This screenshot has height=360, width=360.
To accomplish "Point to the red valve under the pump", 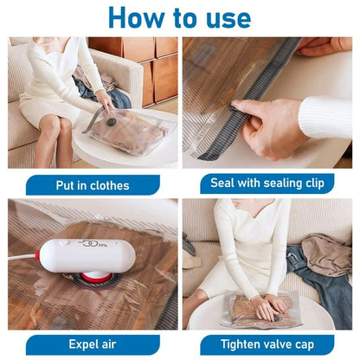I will point(87,280).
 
